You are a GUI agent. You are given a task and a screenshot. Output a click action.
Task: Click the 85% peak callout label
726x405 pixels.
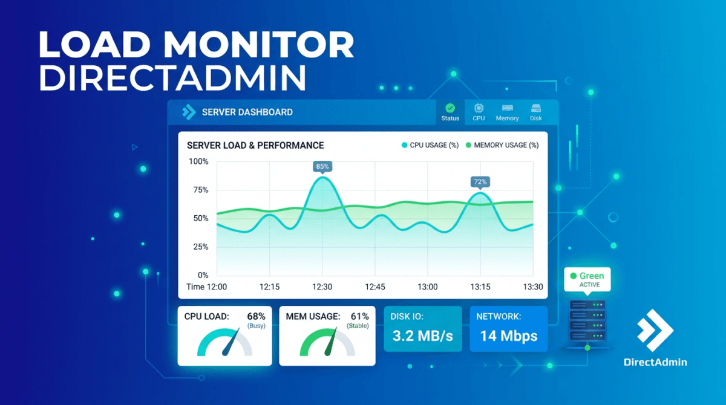click(322, 166)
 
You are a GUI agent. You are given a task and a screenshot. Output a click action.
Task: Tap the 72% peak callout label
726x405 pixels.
click(480, 181)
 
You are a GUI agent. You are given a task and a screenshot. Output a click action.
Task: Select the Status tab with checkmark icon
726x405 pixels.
click(450, 112)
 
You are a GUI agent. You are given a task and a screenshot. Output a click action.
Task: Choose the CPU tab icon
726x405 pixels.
click(479, 109)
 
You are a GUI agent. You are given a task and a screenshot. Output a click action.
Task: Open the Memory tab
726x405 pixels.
click(507, 112)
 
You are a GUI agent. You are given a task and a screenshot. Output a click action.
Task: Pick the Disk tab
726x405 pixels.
click(536, 112)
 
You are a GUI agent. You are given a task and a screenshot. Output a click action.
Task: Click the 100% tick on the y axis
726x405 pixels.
click(198, 161)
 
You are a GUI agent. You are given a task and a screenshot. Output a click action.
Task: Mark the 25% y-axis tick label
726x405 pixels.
click(200, 247)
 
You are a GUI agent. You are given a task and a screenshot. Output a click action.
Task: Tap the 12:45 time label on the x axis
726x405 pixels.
click(374, 287)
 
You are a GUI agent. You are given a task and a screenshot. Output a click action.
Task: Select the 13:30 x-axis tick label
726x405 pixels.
click(533, 287)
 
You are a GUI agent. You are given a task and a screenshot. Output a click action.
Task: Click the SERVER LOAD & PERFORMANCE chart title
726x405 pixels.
click(255, 145)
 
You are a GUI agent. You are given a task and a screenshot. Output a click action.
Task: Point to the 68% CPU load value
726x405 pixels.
click(257, 316)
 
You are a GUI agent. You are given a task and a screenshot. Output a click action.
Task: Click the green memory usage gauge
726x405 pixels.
click(327, 343)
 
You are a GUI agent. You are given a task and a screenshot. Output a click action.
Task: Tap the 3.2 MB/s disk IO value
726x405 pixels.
click(422, 335)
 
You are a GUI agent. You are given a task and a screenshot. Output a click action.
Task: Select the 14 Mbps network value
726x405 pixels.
click(508, 335)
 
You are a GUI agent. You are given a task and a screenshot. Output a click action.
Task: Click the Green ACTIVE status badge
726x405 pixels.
click(586, 279)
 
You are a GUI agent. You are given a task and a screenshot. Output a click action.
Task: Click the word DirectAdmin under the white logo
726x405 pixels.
click(655, 362)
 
